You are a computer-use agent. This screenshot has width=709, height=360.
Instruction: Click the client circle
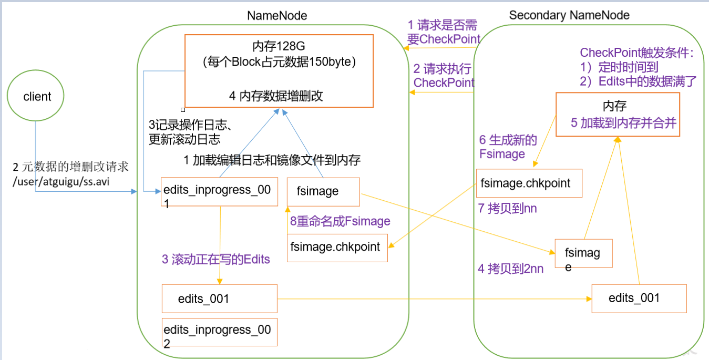[x=37, y=97]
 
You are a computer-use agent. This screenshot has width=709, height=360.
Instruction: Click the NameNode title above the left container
[x=277, y=16]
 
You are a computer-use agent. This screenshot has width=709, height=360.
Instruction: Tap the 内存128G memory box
[x=279, y=71]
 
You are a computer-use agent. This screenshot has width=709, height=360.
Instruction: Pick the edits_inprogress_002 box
[x=219, y=332]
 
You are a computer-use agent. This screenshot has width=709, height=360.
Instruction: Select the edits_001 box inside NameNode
[x=219, y=299]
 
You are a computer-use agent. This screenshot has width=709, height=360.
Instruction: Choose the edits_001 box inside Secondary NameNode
[x=639, y=299]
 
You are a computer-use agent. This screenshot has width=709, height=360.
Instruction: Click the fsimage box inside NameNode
[x=323, y=191]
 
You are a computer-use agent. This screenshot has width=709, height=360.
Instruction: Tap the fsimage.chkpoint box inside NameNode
[x=337, y=248]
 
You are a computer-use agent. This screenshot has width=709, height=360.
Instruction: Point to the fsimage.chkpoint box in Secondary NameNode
[x=529, y=183]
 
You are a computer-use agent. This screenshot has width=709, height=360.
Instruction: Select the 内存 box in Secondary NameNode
[x=618, y=115]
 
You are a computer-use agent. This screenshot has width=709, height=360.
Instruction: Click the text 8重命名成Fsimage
[x=340, y=221]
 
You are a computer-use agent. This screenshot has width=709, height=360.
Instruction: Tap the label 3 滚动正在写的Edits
[x=215, y=259]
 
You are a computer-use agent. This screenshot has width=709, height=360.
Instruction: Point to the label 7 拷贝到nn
[x=507, y=209]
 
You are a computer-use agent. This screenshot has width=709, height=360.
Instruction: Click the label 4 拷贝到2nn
[x=510, y=269]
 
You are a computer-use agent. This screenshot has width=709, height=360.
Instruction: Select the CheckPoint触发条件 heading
[x=636, y=53]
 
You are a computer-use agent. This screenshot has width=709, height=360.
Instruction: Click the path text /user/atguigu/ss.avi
[x=66, y=181]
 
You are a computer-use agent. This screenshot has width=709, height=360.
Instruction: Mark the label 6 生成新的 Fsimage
[x=507, y=147]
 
